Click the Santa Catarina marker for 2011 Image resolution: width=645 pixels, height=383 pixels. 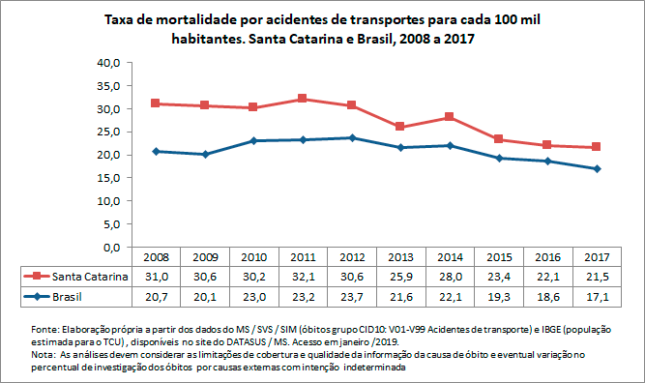pyautogui.click(x=302, y=99)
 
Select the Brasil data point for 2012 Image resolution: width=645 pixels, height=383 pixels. pyautogui.click(x=351, y=137)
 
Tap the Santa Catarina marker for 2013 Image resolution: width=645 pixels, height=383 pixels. pyautogui.click(x=400, y=127)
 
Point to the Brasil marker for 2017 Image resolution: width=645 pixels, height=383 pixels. pyautogui.click(x=597, y=168)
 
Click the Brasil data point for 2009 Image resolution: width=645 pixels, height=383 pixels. pyautogui.click(x=204, y=154)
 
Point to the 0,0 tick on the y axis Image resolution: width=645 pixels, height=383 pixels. pyautogui.click(x=110, y=248)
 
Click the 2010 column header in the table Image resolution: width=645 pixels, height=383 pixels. pyautogui.click(x=252, y=258)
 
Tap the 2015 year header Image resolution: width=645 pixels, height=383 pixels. pyautogui.click(x=498, y=258)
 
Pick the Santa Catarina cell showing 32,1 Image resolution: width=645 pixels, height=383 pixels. pyautogui.click(x=302, y=277)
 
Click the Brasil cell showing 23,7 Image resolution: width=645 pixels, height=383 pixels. pyautogui.click(x=351, y=296)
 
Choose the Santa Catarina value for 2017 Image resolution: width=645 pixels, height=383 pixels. pyautogui.click(x=597, y=277)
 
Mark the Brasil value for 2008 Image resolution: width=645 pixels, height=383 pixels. pyautogui.click(x=155, y=296)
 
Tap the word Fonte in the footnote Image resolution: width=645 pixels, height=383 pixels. pyautogui.click(x=45, y=329)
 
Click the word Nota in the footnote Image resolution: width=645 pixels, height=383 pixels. pyautogui.click(x=44, y=356)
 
